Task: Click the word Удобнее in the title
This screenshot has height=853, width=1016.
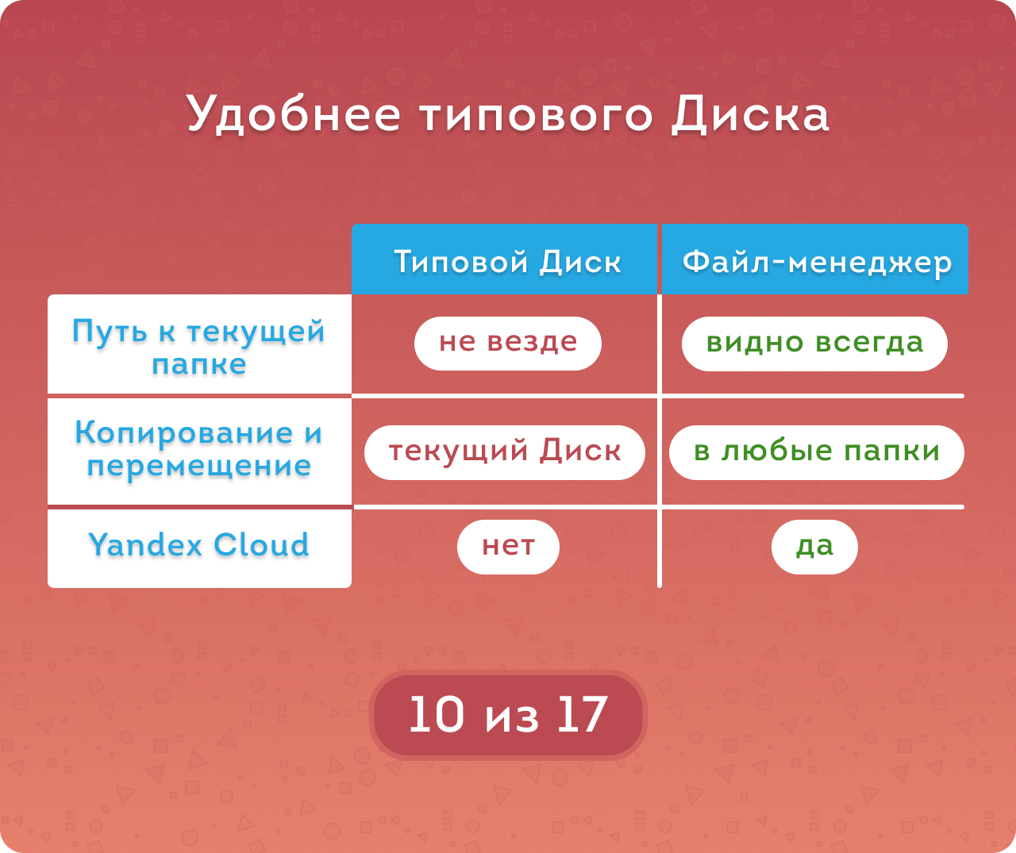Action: [294, 115]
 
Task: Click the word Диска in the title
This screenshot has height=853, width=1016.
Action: [750, 115]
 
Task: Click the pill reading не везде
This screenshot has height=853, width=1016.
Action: [508, 344]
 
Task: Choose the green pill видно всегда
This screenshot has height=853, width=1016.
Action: [814, 344]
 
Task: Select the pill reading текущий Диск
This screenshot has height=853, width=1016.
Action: [505, 452]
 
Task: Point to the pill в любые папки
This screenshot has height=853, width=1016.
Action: [817, 452]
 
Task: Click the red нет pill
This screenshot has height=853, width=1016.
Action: [508, 547]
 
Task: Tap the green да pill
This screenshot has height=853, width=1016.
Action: [814, 547]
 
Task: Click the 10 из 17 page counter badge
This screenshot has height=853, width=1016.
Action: [508, 715]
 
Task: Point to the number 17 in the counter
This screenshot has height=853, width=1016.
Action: [583, 714]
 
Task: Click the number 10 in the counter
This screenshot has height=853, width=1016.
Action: [437, 714]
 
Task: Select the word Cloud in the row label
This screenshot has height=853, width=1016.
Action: [261, 544]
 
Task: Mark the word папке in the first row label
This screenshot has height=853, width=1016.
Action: [199, 365]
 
